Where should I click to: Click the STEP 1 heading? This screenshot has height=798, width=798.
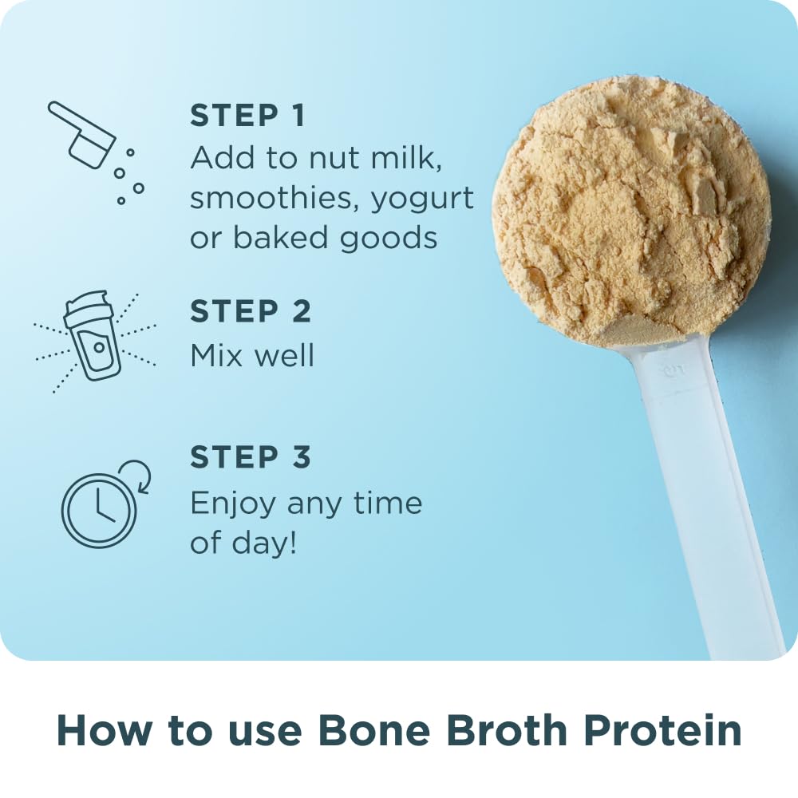(247, 116)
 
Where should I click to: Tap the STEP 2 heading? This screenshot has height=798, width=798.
(251, 312)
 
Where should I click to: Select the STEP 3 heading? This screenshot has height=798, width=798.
(251, 458)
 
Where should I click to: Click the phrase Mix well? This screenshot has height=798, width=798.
(252, 355)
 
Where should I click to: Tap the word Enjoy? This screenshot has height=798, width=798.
(233, 504)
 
